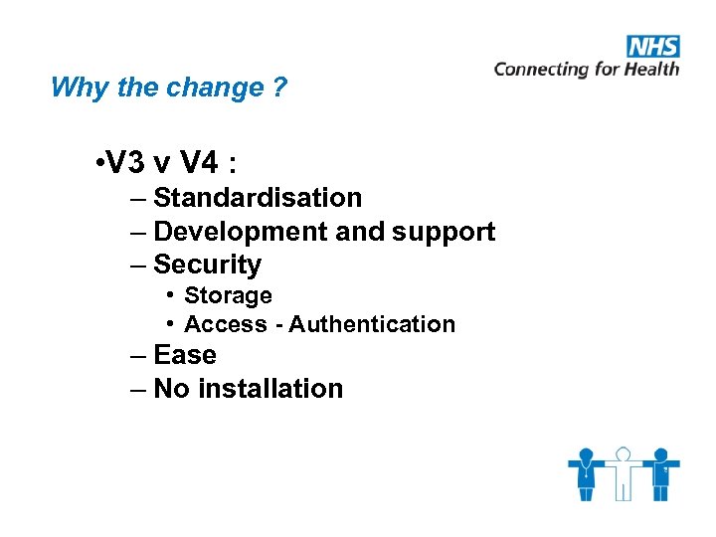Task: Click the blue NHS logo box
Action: (x=652, y=47)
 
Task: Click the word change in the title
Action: (x=206, y=88)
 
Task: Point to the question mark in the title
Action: (x=280, y=88)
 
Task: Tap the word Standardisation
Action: (x=258, y=198)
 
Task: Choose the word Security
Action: (x=207, y=265)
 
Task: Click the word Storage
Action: (x=228, y=295)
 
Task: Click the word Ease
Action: (x=185, y=355)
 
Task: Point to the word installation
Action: (x=270, y=389)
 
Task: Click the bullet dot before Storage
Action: (x=172, y=295)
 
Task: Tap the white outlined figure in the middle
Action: (x=624, y=472)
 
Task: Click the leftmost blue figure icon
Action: (x=587, y=472)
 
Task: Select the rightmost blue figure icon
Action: (x=660, y=472)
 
